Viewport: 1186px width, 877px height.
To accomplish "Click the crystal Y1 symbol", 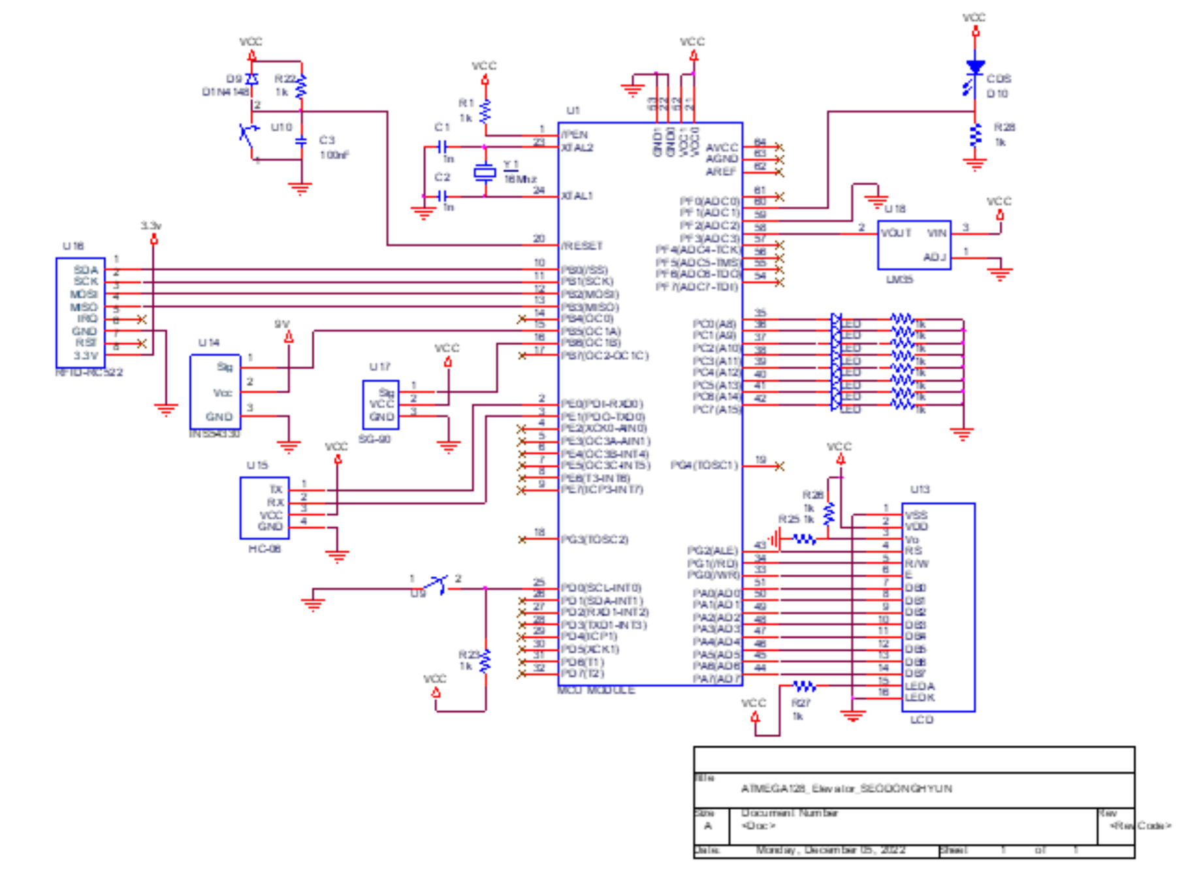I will (x=485, y=173).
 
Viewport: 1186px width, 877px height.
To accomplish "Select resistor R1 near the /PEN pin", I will (x=485, y=112).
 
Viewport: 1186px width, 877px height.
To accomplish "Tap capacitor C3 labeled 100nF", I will (x=301, y=141).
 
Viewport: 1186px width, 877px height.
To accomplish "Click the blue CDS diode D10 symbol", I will (x=974, y=67).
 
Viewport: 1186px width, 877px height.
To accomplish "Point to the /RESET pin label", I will (x=582, y=246).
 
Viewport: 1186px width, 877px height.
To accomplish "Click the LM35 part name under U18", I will (x=899, y=280).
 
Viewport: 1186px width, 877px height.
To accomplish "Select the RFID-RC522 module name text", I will (x=89, y=373).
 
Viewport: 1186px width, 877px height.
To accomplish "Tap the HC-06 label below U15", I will (x=264, y=549).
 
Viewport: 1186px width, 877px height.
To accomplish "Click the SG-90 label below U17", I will (x=375, y=439).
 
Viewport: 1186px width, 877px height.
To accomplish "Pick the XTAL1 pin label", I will (x=577, y=196).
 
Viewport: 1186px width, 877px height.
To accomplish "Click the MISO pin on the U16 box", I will (x=84, y=307).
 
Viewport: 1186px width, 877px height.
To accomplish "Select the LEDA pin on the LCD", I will (x=920, y=686).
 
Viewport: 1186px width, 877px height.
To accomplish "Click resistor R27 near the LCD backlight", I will (x=804, y=686).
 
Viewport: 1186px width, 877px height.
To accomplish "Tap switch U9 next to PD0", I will (x=436, y=584).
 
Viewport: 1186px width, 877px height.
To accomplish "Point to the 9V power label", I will (x=281, y=324).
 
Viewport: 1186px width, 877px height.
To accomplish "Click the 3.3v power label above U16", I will (x=151, y=226).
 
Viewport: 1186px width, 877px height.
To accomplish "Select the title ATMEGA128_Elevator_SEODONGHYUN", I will (x=846, y=789).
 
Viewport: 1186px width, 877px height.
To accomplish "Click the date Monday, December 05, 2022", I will (x=831, y=850).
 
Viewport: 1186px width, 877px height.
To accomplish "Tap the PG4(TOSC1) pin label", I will (x=704, y=465).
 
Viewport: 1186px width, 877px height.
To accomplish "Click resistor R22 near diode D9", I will (x=300, y=86).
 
